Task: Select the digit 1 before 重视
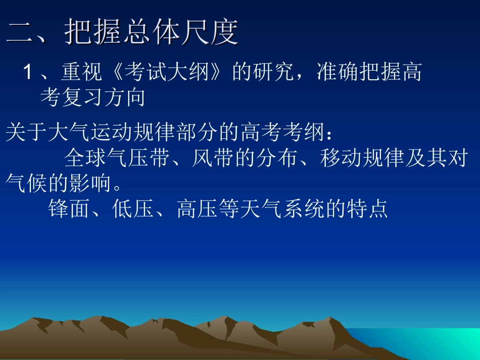pyautogui.click(x=28, y=74)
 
